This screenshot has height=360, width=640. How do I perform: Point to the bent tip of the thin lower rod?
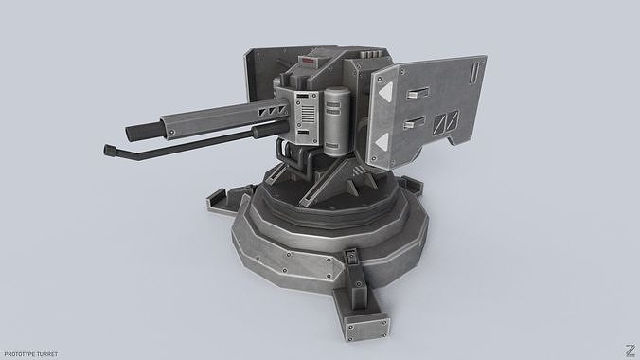(x=103, y=150)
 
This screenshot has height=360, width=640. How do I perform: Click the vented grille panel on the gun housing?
(x=304, y=117)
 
